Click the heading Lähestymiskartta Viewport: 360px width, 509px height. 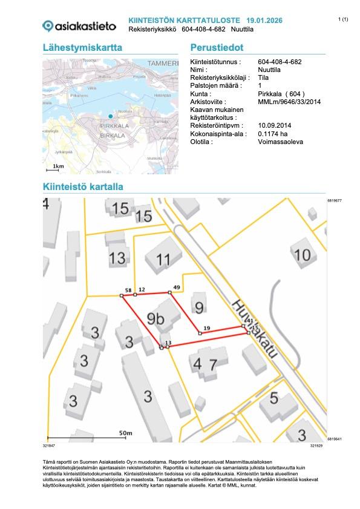tap(83, 48)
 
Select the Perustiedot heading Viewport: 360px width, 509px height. tap(217, 48)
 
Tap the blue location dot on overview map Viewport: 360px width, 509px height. tap(110, 116)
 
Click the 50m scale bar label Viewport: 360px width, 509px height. tap(125, 433)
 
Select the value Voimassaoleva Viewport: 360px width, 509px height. tap(281, 141)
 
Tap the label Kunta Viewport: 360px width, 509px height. tap(202, 94)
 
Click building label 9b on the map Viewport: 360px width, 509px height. tap(156, 319)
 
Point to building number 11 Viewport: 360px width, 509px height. tap(163, 261)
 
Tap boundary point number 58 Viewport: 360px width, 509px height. tap(128, 291)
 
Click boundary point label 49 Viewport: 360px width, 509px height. tap(177, 287)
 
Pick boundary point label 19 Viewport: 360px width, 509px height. tap(206, 328)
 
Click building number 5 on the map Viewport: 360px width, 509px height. tap(273, 398)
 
